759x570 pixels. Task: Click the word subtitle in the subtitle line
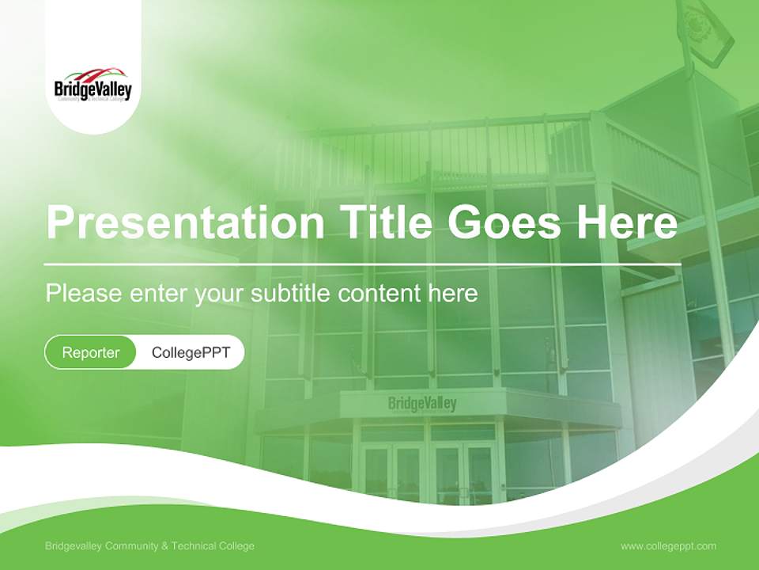coord(291,294)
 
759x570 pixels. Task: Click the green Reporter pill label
coord(91,352)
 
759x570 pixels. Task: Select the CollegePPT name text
coord(191,352)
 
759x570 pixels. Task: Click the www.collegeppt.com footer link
coord(668,545)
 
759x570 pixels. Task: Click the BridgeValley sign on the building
coord(422,404)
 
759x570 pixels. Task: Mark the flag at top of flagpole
coord(704,32)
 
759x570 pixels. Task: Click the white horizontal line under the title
coord(362,264)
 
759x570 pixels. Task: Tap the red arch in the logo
coord(93,73)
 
